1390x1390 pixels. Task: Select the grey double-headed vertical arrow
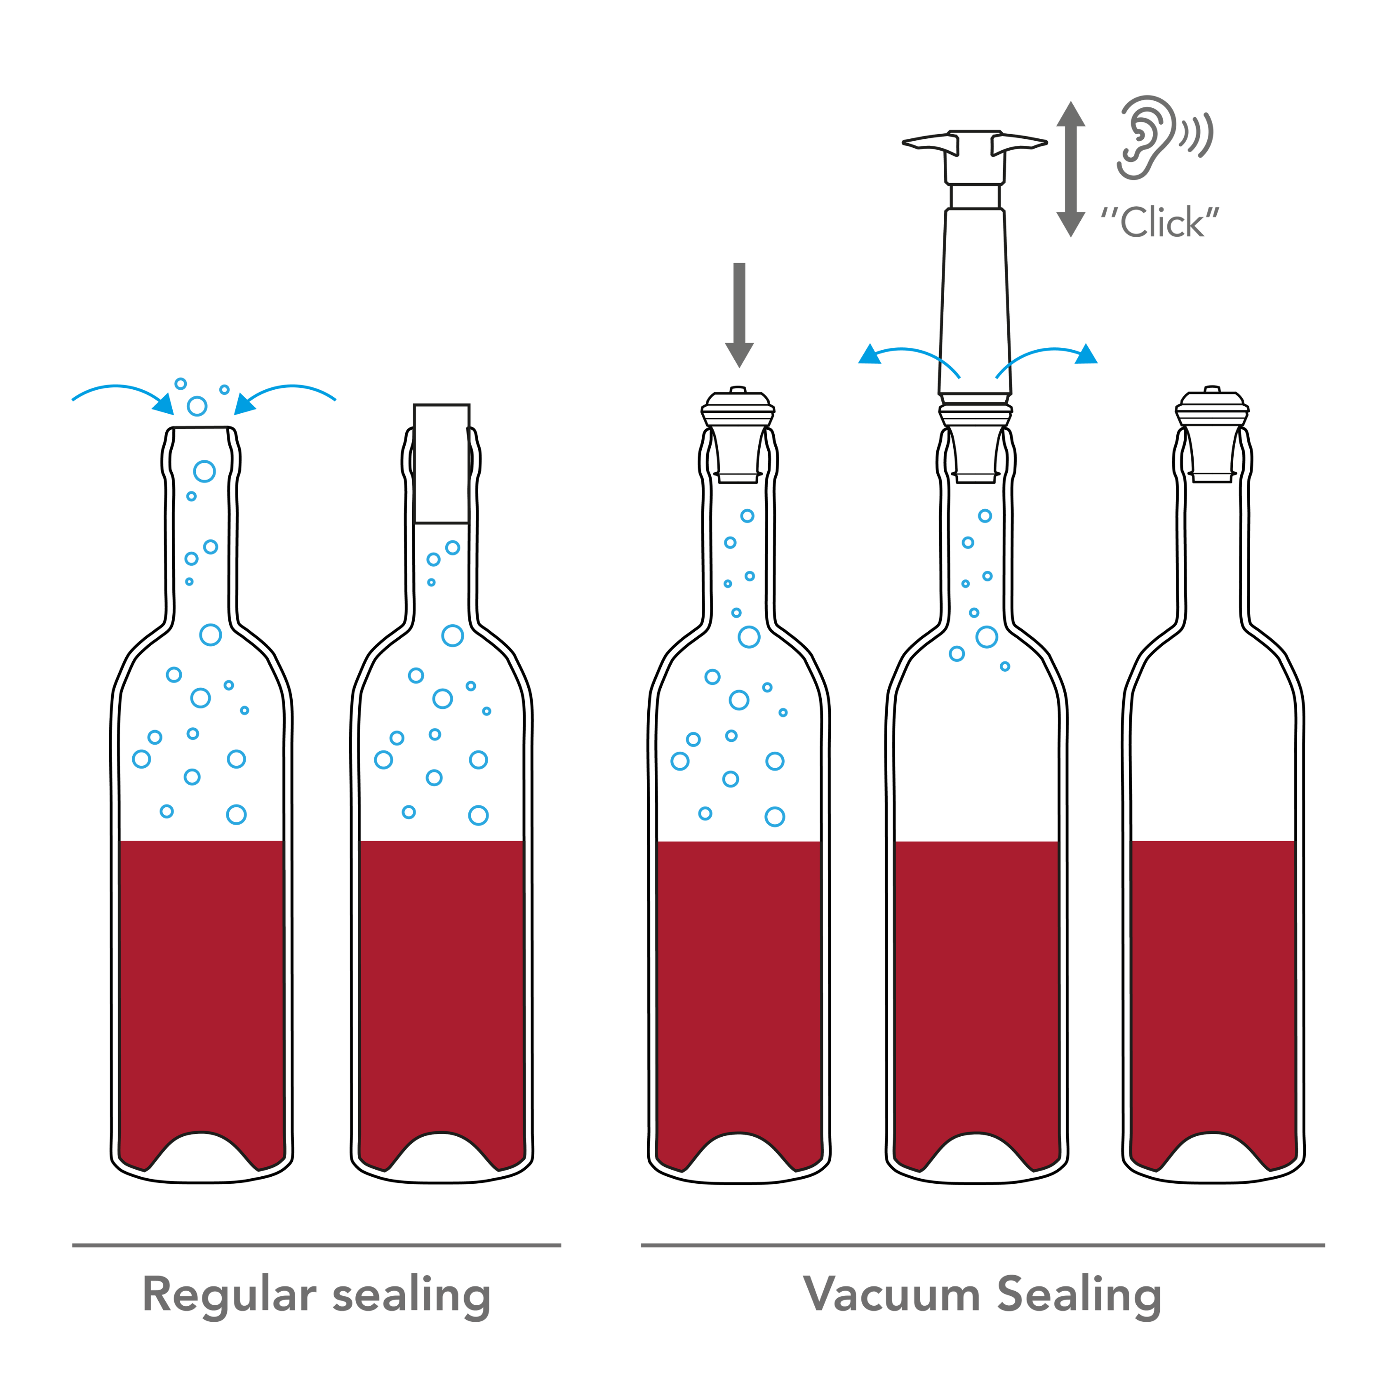(x=1070, y=169)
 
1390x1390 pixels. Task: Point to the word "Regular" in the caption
(x=229, y=1295)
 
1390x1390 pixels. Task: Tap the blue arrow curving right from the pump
(x=1047, y=357)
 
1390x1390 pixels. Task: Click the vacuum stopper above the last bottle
(x=1212, y=435)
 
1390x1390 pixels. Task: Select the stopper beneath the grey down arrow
(x=738, y=435)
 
